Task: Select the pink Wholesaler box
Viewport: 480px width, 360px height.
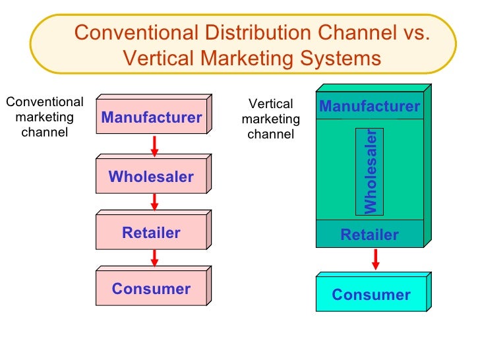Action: coord(151,177)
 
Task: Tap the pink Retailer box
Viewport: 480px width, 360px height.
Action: coord(151,233)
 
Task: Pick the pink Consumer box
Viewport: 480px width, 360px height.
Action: coord(151,289)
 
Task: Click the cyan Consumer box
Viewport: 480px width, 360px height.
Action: coord(371,295)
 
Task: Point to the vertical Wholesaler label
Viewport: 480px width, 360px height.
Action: coord(371,171)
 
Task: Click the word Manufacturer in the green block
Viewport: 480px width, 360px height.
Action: coord(369,107)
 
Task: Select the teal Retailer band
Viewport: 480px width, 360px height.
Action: coord(369,234)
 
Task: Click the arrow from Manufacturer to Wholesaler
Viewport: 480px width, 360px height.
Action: coord(154,146)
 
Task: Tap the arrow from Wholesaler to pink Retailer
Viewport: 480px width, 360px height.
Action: coord(154,202)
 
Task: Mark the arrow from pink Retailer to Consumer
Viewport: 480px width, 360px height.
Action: coord(154,258)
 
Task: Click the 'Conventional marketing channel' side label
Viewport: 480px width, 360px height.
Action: coord(44,117)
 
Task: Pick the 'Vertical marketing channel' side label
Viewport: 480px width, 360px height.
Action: coord(270,119)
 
